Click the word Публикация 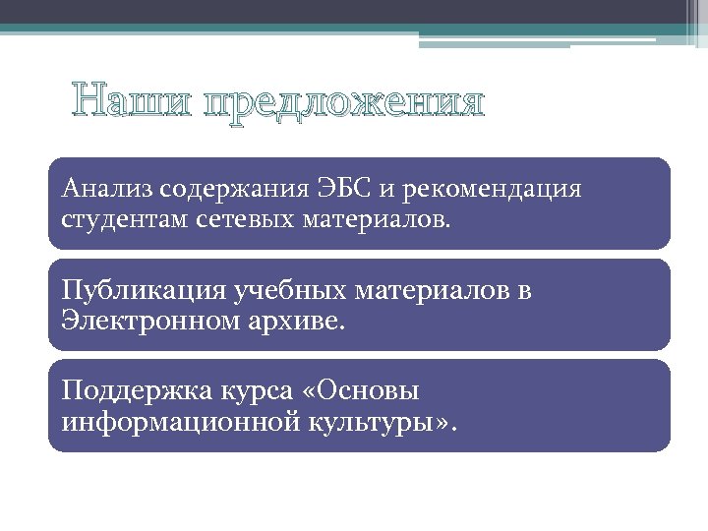point(143,291)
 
